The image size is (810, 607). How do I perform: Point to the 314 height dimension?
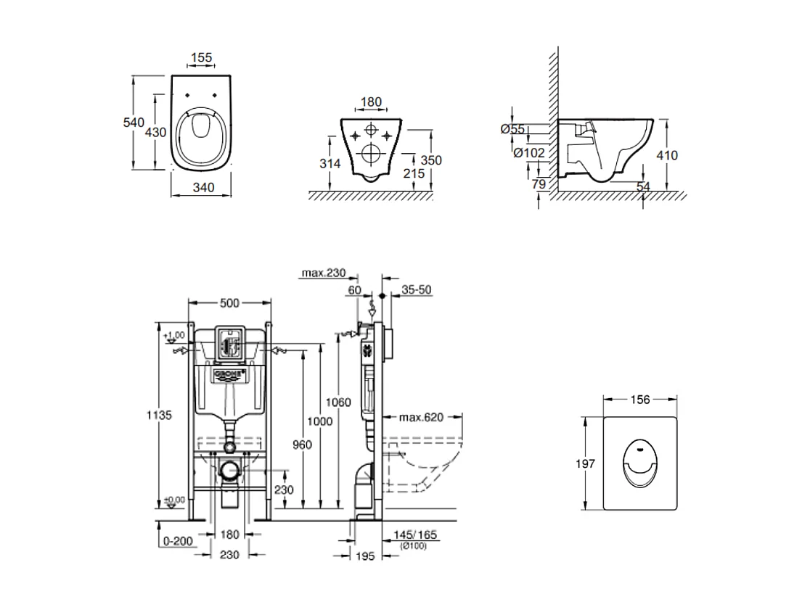pos(330,164)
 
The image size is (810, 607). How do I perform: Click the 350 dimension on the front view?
pos(431,160)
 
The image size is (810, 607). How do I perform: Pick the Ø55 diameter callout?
pos(513,129)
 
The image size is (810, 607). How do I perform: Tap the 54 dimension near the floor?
pos(643,187)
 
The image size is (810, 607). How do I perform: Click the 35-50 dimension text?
pos(417,289)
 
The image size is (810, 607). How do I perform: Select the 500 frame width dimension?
pos(229,302)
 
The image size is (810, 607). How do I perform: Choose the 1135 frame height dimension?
pos(160,416)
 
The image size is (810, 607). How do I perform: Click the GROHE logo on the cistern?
pos(229,374)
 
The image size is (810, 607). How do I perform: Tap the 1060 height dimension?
pos(338,402)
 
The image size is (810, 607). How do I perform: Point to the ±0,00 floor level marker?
pos(174,500)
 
